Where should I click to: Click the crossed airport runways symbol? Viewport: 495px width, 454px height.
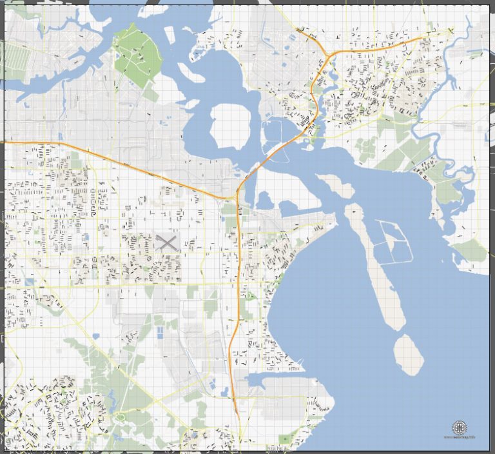[x=166, y=242]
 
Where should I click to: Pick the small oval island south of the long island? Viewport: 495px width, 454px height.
[x=408, y=355]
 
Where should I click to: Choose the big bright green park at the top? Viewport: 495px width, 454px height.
[x=137, y=56]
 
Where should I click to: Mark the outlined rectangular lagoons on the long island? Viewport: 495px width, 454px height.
[x=394, y=242]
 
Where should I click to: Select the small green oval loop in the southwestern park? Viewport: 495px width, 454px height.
[x=120, y=417]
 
